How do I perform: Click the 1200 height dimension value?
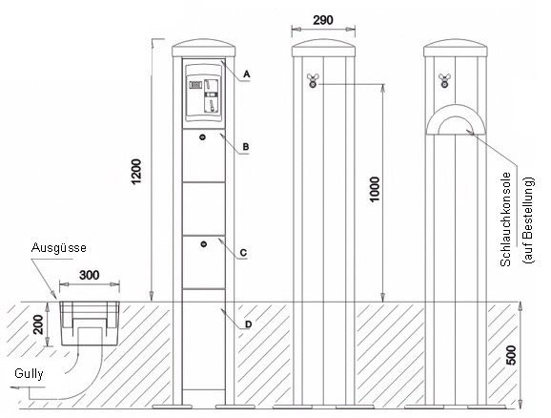(x=136, y=172)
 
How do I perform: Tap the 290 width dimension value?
(x=323, y=20)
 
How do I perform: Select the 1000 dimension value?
(x=375, y=189)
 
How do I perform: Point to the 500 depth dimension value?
(x=512, y=355)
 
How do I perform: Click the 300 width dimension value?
(x=90, y=275)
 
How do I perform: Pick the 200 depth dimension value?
(x=38, y=324)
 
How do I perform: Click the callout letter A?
(x=247, y=74)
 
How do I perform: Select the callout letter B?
(x=246, y=146)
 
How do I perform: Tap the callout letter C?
(x=243, y=253)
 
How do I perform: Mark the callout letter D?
(x=248, y=324)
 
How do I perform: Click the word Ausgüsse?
(x=59, y=248)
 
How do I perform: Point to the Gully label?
(x=29, y=374)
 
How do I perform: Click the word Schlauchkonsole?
(x=505, y=219)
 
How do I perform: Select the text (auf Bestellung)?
(x=528, y=219)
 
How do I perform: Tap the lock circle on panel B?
(x=202, y=137)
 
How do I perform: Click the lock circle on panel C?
(x=204, y=244)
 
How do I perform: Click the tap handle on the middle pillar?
(x=312, y=80)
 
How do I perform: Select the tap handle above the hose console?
(x=444, y=80)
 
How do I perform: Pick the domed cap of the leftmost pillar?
(x=203, y=48)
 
